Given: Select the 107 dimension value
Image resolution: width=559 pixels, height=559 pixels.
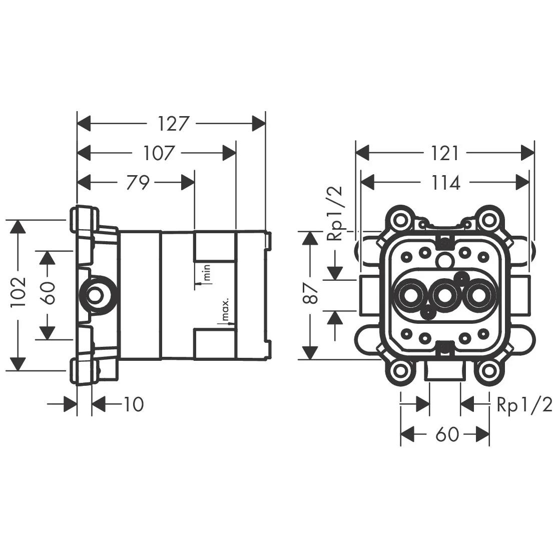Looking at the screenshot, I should tap(159, 153).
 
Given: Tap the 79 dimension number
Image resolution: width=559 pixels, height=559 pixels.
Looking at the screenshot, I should tap(137, 183).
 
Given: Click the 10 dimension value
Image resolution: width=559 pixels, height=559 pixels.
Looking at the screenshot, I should tap(133, 404).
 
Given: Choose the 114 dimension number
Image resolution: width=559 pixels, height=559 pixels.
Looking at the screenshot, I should tap(445, 183).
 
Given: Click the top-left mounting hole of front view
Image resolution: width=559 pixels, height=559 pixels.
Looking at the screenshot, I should tap(400, 219).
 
